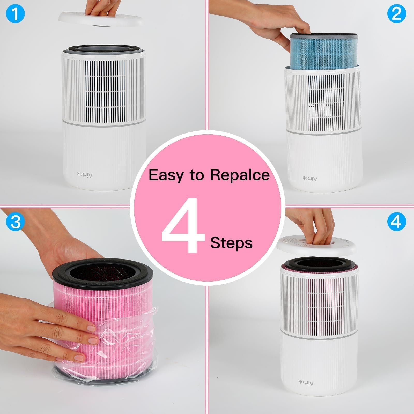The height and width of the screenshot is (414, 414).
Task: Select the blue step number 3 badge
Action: click(x=15, y=222)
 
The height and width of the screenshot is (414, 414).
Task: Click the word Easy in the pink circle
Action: click(x=165, y=175)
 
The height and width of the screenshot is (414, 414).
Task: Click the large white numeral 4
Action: click(x=183, y=225)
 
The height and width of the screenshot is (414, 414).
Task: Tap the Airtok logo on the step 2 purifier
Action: click(x=309, y=178)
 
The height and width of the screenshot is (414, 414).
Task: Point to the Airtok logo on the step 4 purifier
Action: click(x=306, y=382)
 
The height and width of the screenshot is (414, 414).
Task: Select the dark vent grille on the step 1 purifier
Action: click(x=105, y=91)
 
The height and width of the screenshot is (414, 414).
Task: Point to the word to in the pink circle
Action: click(x=196, y=175)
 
